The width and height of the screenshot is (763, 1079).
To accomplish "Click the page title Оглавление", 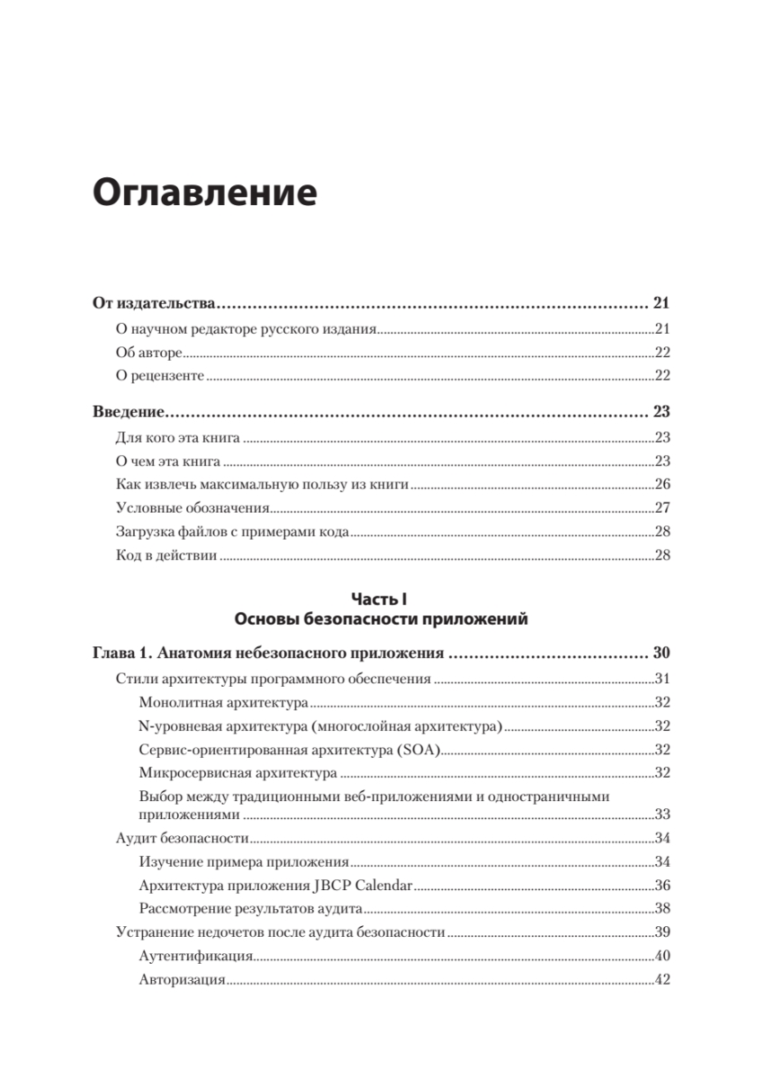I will tap(205, 192).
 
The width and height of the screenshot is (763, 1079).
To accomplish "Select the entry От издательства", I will tap(151, 303).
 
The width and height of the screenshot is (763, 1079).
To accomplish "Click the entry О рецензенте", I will tap(161, 375).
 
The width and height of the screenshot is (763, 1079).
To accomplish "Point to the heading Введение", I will tap(129, 414).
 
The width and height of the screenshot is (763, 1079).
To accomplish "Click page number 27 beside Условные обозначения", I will tap(662, 508).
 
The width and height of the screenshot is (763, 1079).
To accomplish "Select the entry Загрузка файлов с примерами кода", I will tap(232, 531).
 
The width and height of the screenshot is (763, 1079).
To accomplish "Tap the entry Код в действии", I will tap(166, 555).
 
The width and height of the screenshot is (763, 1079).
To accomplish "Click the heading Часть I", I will tap(381, 598).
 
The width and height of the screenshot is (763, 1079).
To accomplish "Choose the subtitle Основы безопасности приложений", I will tap(381, 619).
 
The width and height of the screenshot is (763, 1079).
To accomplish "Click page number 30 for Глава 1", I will tap(661, 654).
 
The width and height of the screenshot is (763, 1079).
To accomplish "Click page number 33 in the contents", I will tap(662, 815).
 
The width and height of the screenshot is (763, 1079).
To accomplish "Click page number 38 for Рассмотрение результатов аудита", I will tap(662, 908).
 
